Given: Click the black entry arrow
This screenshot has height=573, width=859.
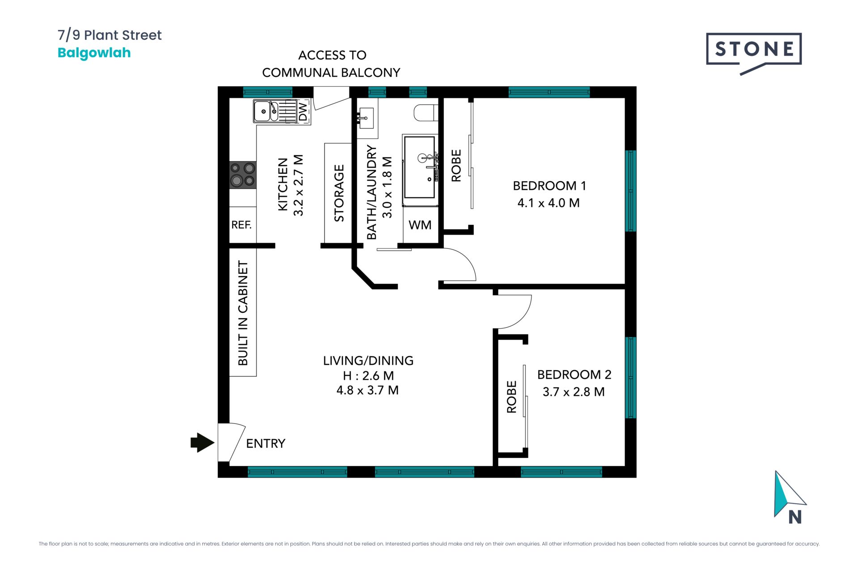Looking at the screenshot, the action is point(202,443).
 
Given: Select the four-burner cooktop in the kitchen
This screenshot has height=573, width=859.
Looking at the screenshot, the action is point(243,175).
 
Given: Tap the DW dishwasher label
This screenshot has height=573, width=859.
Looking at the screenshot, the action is point(303,112).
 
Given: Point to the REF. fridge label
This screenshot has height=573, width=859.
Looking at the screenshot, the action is point(242,225).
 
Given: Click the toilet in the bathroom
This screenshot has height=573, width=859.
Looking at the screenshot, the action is point(425,113).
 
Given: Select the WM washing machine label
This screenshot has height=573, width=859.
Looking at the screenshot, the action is point(420,225).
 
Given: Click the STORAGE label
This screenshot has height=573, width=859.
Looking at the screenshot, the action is point(339,193).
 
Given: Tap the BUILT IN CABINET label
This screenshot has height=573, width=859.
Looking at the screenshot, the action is point(242,313).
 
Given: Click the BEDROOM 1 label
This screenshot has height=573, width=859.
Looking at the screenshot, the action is point(549,185).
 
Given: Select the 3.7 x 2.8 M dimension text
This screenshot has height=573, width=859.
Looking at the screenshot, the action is point(574,392).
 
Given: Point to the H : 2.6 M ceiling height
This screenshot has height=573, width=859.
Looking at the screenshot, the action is point(368,376).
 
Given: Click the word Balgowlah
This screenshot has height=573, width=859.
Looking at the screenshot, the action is point(94,53).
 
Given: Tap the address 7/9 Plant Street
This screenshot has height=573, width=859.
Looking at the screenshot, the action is point(110,35).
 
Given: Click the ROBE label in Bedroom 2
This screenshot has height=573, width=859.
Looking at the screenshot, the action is point(511,397).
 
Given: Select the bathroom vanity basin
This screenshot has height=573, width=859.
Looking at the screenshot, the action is point(366,118).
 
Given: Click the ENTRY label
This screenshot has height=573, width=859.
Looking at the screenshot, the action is point(266,443).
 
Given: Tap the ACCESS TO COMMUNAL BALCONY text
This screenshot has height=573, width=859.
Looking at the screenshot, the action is point(331,64).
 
